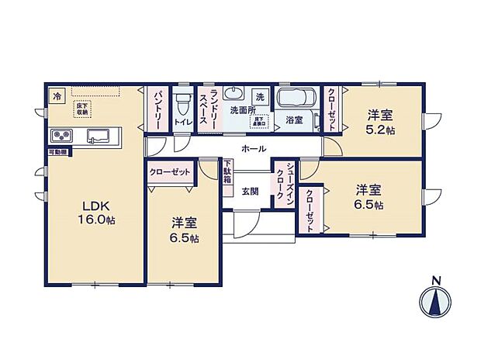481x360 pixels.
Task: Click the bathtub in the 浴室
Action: point(294,100)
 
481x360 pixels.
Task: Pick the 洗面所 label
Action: point(242,110)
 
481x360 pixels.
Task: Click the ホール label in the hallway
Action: point(254,148)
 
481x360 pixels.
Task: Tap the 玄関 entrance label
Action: point(250,191)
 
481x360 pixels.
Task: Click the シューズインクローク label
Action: point(285,183)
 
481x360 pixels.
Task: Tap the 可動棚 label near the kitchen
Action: point(57,153)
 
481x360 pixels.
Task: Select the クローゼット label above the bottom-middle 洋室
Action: point(170,171)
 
